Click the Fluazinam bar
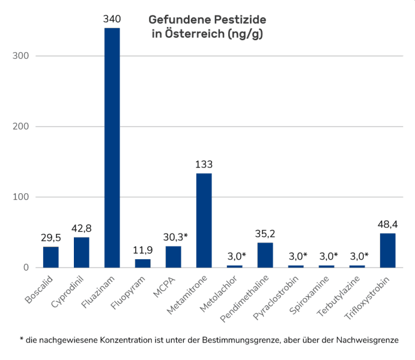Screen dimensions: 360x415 112,148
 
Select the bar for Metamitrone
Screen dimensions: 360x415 204,220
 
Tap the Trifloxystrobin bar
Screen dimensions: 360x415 387,250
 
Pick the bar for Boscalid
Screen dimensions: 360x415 51,257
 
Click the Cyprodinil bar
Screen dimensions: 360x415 81,253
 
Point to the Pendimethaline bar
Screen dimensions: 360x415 265,255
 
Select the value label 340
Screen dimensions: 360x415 112,20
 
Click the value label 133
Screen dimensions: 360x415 204,164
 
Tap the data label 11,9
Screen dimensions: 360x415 142,250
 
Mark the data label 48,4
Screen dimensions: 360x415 387,224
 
